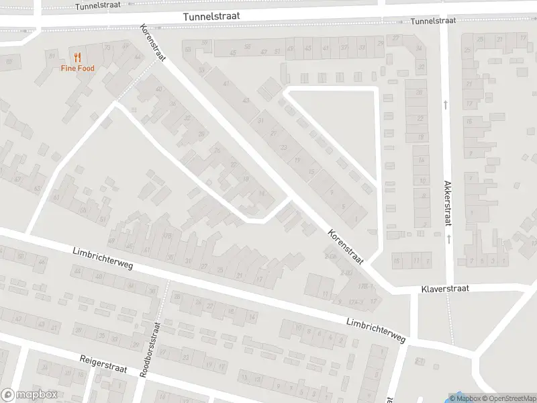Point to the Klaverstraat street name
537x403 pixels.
click(x=444, y=288)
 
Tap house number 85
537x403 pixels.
click(x=9, y=62)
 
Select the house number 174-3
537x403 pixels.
click(x=355, y=302)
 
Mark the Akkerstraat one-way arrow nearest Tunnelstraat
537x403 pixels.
click(x=446, y=104)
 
